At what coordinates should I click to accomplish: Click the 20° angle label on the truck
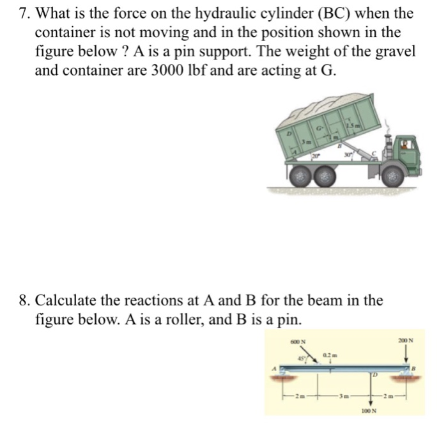coord(315,156)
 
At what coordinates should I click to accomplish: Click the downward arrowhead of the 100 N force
coord(371,402)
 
